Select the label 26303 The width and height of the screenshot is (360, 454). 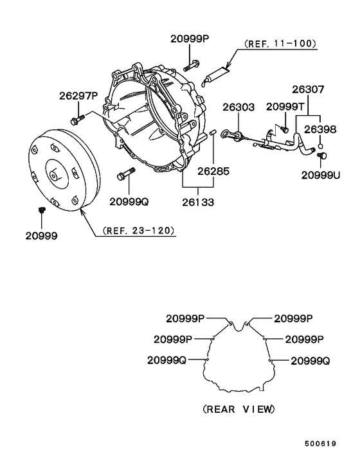click(x=239, y=106)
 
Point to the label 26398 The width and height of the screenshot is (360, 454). click(x=320, y=129)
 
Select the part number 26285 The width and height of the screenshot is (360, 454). click(x=213, y=171)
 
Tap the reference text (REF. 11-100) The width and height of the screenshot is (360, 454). click(x=280, y=44)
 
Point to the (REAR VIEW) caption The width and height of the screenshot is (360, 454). click(x=238, y=409)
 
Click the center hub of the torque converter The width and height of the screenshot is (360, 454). click(x=54, y=172)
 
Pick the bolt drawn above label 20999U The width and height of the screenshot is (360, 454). click(x=322, y=156)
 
